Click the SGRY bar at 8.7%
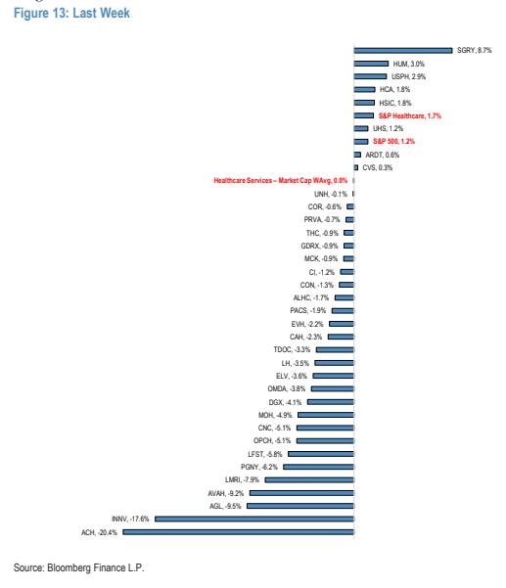(403, 50)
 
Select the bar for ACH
(238, 532)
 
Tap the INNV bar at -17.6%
(254, 519)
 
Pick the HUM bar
(371, 64)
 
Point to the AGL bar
(300, 506)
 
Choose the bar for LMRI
(309, 479)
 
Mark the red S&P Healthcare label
(410, 115)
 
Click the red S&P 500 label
(393, 142)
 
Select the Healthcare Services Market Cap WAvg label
(281, 180)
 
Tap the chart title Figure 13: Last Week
(71, 13)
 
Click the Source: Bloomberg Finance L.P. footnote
(78, 567)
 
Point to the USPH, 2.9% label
(408, 76)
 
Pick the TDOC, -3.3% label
(292, 349)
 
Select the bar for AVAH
(301, 493)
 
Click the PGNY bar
(318, 467)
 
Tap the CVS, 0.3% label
(378, 167)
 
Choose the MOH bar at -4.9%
(326, 415)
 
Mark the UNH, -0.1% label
(331, 194)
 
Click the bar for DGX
(331, 402)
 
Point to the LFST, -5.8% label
(265, 454)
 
